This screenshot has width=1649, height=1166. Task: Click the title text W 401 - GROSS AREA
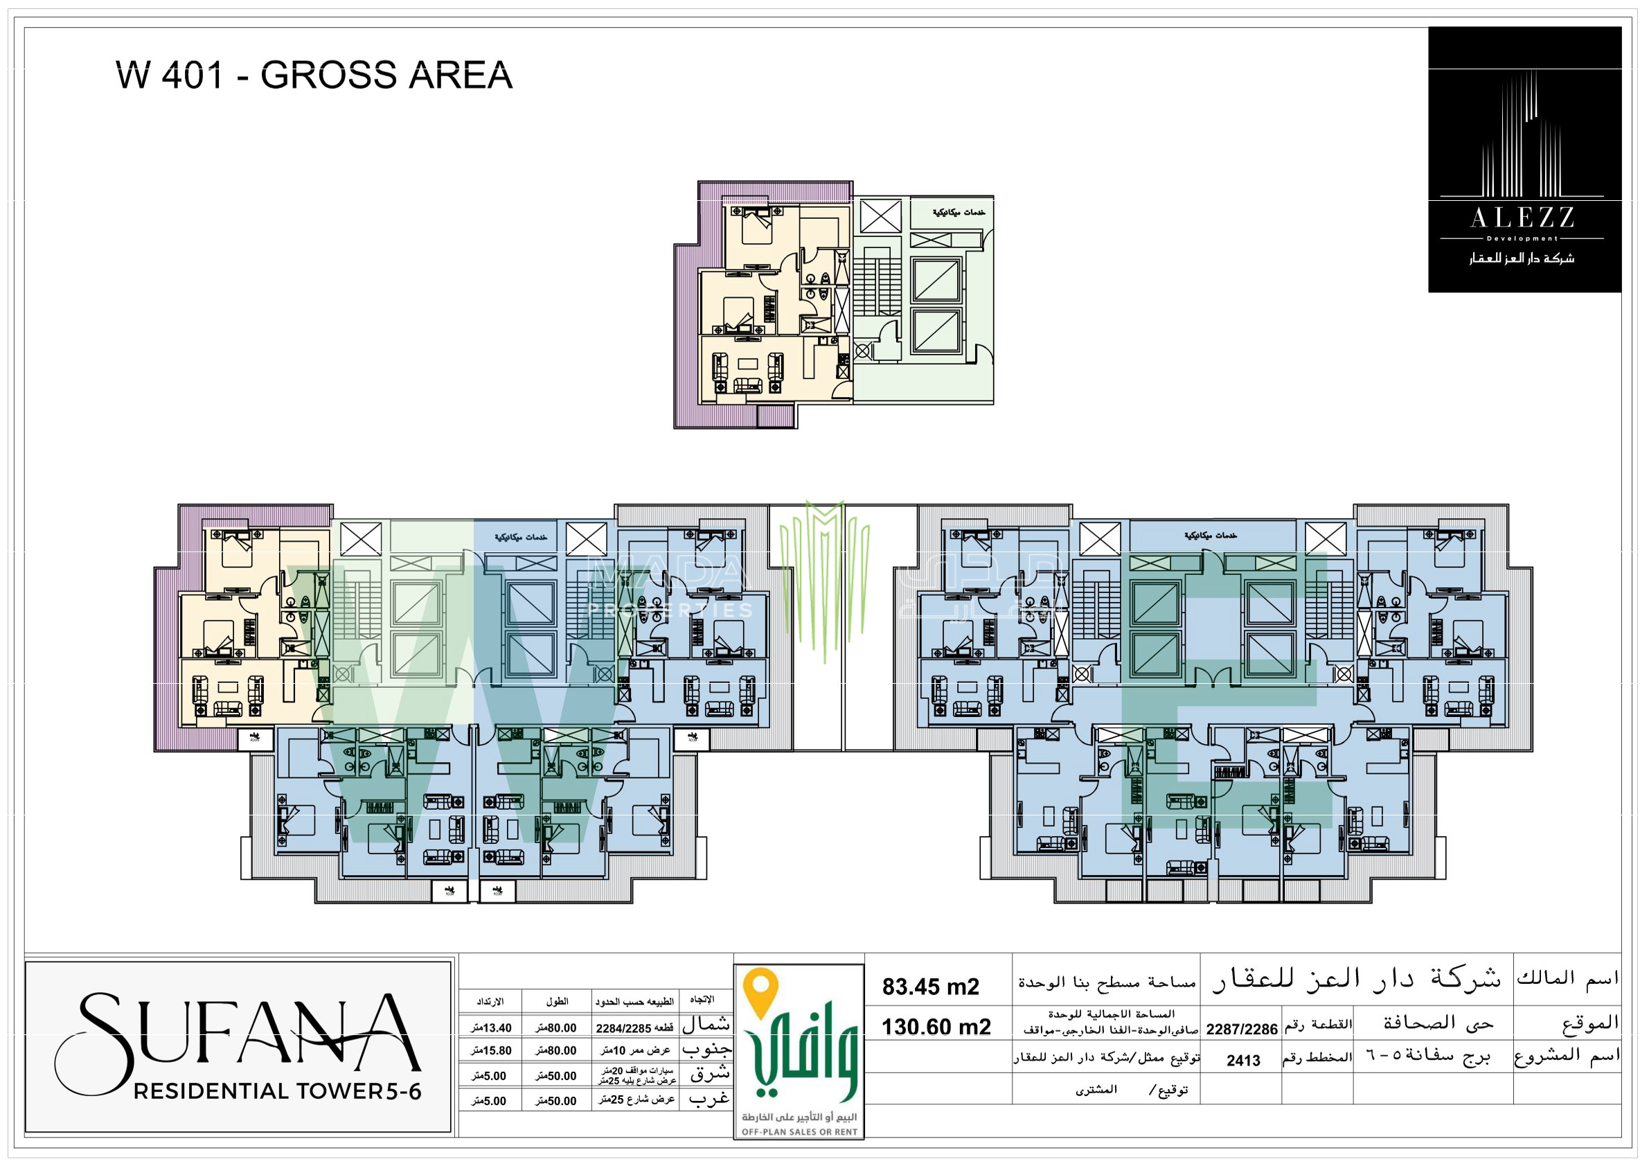[x=314, y=76]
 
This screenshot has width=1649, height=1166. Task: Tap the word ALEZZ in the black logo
[x=1522, y=218]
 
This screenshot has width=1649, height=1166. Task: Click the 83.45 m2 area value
[x=930, y=987]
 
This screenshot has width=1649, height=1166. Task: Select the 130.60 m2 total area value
[x=936, y=1027]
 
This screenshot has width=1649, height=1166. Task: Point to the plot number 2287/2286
[x=1241, y=1030]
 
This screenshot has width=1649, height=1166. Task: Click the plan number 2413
[x=1243, y=1061]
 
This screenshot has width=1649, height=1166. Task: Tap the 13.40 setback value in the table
[x=492, y=1028]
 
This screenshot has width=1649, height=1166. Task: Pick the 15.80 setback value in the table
[x=492, y=1051]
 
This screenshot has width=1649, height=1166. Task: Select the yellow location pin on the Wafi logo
[x=761, y=992]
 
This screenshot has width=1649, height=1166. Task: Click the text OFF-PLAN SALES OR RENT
[x=799, y=1132]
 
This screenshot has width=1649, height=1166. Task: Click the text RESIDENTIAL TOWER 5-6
[x=277, y=1092]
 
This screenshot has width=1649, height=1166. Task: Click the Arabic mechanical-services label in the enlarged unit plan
[x=958, y=213]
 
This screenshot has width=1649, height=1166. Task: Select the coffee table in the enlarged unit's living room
[x=749, y=364]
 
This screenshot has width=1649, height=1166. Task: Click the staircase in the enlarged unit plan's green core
[x=877, y=285]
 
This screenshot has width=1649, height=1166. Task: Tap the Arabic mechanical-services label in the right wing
[x=1211, y=536]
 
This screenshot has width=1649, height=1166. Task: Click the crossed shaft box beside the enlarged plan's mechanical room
[x=880, y=216]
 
